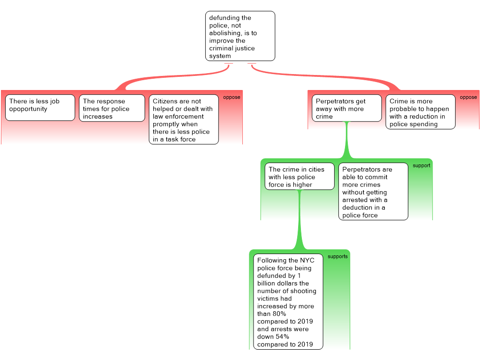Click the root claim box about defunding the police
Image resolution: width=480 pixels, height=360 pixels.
(240, 37)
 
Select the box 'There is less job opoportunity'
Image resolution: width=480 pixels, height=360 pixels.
(40, 107)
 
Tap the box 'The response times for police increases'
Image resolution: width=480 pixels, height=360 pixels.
(112, 108)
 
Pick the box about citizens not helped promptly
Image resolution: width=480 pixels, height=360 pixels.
(184, 120)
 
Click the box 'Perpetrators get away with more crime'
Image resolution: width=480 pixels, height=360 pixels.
(346, 108)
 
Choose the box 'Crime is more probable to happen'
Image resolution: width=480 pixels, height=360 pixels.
(420, 112)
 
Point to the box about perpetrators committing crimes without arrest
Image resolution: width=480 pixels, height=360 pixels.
(373, 192)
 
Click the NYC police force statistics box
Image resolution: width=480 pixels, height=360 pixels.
(288, 302)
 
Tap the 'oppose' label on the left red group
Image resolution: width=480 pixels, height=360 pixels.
(232, 97)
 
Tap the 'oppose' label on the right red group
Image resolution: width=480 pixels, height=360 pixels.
(468, 97)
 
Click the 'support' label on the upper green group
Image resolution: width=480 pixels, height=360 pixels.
(421, 165)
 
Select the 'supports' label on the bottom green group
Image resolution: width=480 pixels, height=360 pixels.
(337, 256)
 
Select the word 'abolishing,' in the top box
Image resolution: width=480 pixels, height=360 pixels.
(227, 33)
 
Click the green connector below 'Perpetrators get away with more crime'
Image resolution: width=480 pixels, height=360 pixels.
(347, 141)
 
